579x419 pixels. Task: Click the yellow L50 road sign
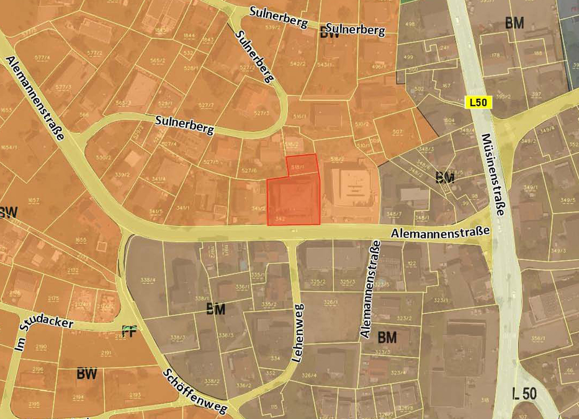(478, 103)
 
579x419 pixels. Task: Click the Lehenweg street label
(297, 333)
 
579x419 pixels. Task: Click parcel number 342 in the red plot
(279, 219)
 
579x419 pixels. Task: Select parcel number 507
(397, 132)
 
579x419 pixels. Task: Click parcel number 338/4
(148, 280)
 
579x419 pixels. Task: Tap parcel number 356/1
(538, 339)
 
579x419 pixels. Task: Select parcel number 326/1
(329, 302)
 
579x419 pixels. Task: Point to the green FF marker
(129, 331)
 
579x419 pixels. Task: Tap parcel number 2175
(53, 299)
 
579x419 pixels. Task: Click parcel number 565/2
(158, 60)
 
